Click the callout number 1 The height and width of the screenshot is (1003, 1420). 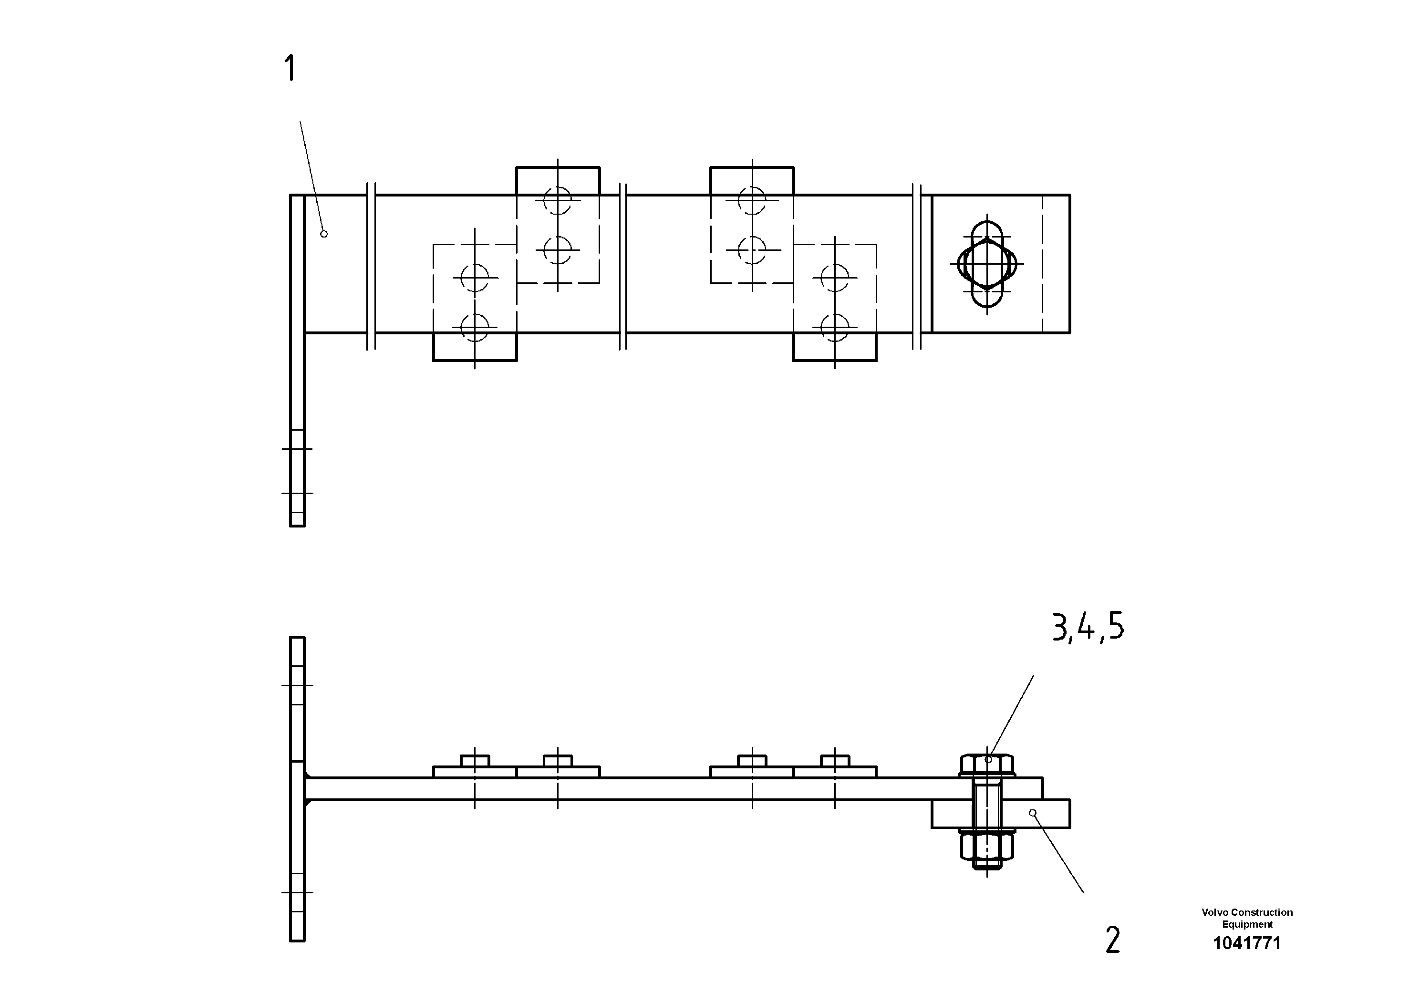point(290,68)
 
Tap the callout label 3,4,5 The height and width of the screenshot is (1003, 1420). point(1088,628)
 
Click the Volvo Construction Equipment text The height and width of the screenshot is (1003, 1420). point(1246,918)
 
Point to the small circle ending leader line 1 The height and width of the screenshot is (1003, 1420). point(323,234)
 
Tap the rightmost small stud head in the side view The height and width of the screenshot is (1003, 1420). point(834,761)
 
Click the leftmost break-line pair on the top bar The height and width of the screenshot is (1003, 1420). point(371,266)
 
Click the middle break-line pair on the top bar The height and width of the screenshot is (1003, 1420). point(623,266)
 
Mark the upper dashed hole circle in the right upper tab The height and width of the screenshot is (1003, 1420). point(752,200)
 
